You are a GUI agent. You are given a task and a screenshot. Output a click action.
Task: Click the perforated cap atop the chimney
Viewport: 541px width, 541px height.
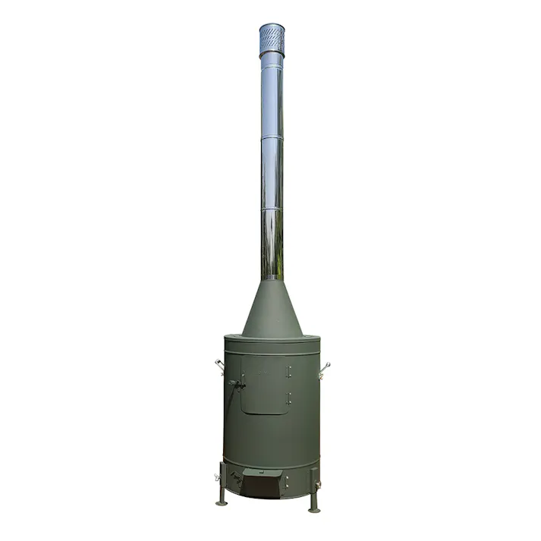click(x=271, y=39)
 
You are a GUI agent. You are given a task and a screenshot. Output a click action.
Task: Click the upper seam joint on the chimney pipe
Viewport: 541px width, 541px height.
click(x=271, y=139)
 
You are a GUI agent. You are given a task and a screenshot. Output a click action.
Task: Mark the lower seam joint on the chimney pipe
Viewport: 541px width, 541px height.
click(x=271, y=209)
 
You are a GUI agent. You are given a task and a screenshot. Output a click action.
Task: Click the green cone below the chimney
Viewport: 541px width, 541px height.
click(x=271, y=311)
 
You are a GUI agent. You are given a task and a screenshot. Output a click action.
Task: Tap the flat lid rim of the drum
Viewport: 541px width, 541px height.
click(x=271, y=341)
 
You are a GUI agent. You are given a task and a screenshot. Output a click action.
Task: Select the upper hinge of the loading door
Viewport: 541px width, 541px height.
click(x=288, y=370)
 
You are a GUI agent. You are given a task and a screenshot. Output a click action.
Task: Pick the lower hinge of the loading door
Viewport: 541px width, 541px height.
click(x=288, y=397)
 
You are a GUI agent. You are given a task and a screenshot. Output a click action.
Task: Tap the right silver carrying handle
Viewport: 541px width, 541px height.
click(x=325, y=367)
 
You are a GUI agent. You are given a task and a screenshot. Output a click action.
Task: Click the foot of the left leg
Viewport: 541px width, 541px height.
click(x=222, y=502)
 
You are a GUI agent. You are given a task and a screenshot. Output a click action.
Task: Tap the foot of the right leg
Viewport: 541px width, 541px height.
click(x=313, y=509)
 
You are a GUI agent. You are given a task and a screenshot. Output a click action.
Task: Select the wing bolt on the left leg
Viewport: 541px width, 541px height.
click(x=218, y=478)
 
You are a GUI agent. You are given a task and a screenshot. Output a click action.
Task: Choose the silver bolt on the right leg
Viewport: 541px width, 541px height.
click(x=318, y=483)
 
